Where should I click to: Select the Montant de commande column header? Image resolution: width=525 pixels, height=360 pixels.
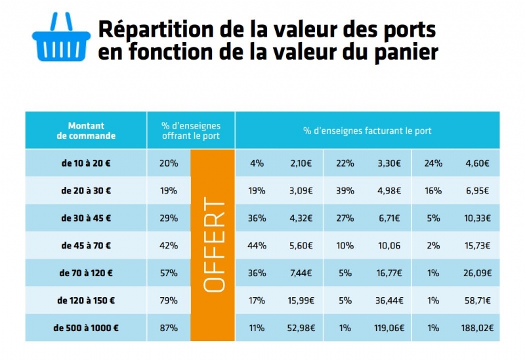coord(86,130)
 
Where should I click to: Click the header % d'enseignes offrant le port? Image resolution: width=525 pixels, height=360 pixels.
coord(191,130)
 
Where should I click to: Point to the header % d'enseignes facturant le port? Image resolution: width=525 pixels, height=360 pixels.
coord(367,130)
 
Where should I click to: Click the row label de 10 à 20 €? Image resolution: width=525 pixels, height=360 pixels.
coord(86,163)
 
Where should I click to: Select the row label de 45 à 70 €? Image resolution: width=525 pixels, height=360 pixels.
coord(86,246)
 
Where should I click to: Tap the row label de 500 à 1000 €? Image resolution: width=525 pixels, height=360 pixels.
coord(86,328)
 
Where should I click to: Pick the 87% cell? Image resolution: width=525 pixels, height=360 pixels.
coord(169,328)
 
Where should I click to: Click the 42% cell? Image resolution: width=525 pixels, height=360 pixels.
coord(169,246)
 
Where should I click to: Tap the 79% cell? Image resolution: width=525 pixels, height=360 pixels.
coord(169,300)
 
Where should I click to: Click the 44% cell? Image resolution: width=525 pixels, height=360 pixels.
coord(257,246)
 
